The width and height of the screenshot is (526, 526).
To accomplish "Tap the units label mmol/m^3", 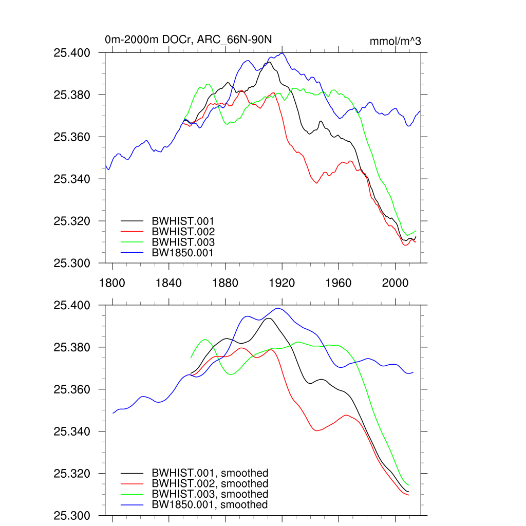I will coord(395,41).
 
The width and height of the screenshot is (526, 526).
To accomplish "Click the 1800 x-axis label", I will coord(112,283).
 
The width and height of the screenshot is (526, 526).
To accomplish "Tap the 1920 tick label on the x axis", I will coord(282,283).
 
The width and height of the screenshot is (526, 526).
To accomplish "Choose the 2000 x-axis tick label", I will coord(396,283).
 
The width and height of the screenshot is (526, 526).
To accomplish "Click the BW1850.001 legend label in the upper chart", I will coord(183,253).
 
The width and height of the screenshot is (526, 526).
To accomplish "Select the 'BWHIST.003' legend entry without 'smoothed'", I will coord(183,242).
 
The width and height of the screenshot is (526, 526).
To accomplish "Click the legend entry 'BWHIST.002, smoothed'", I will coord(210,484).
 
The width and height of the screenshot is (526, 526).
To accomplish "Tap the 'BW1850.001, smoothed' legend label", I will coord(210,505).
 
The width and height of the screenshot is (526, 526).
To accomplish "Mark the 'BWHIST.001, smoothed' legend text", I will coord(210,473).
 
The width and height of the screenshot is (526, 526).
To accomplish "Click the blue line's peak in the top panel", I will coord(282,53).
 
